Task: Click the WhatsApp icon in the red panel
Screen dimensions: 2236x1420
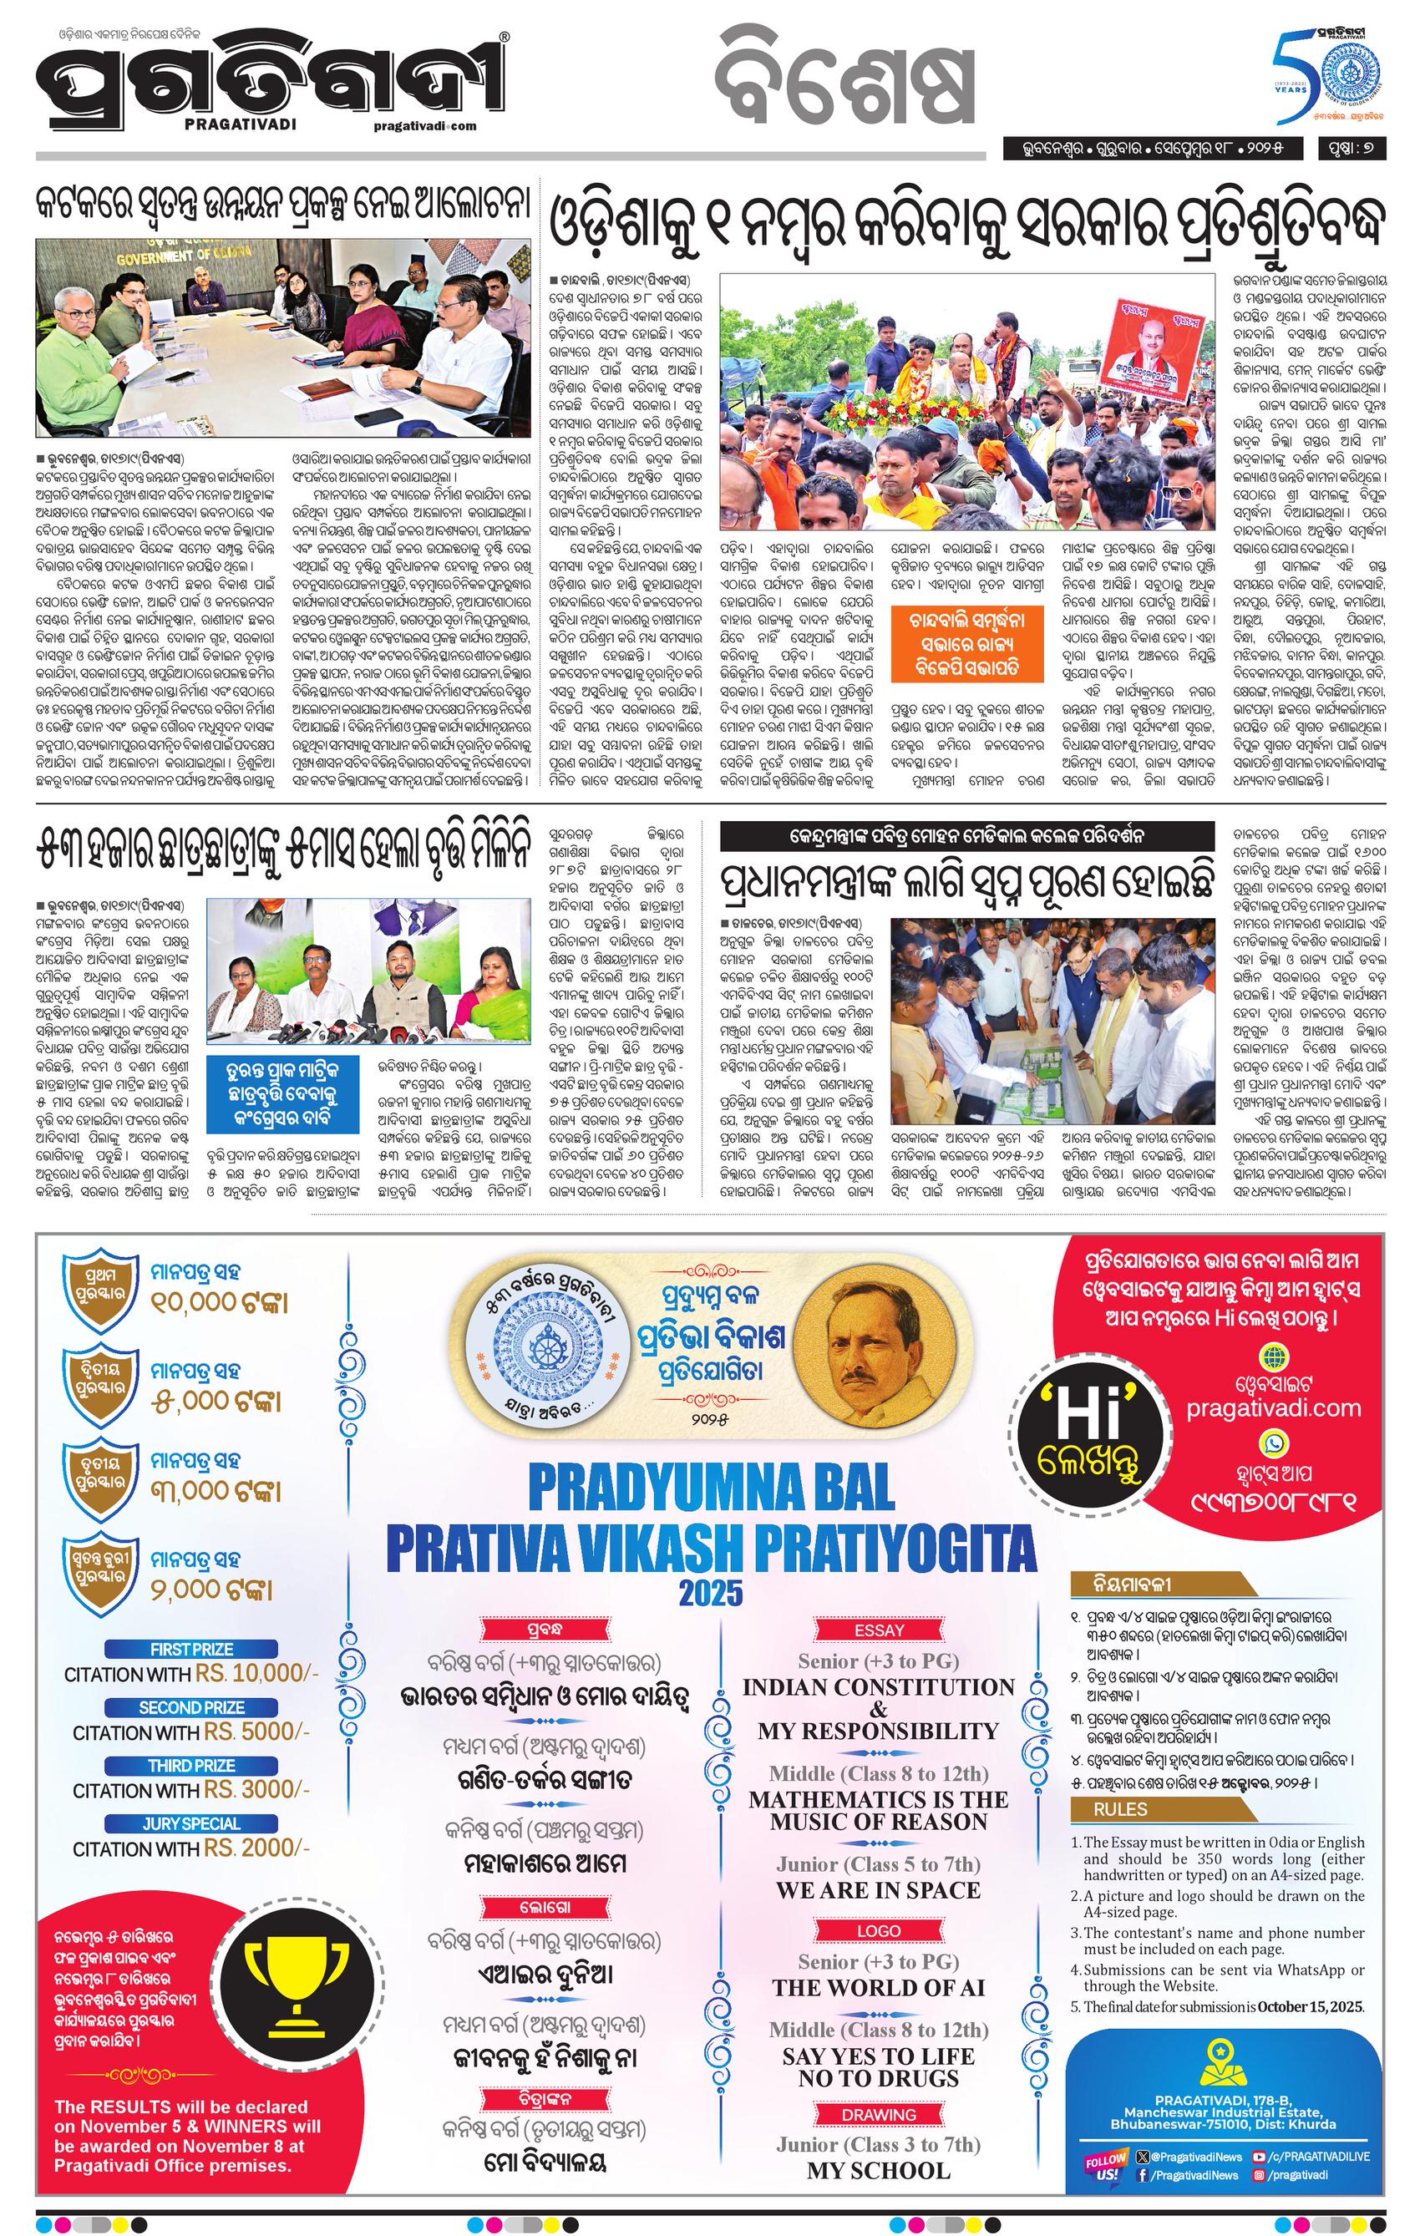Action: tap(1273, 1443)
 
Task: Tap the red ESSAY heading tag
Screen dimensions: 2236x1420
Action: tap(879, 1630)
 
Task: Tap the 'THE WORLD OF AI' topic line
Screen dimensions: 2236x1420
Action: tap(879, 1961)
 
